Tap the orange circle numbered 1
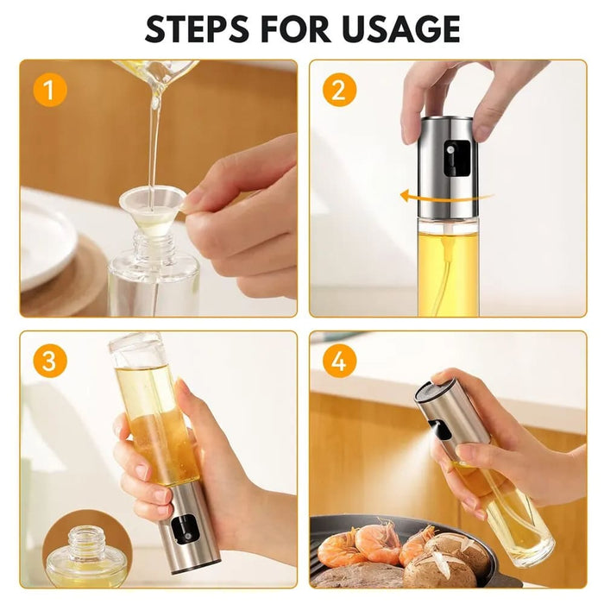coord(49,89)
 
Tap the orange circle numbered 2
coord(338,89)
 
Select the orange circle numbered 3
coord(49,361)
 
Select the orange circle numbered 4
coord(338,361)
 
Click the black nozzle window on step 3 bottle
coord(183,529)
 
